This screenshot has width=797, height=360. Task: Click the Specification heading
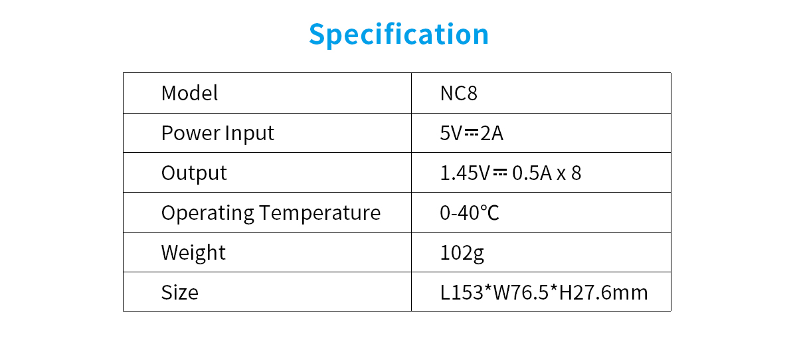point(399,35)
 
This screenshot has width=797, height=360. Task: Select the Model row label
point(189,93)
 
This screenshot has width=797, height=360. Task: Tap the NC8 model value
point(459,94)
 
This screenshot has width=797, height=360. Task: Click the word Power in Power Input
point(191,133)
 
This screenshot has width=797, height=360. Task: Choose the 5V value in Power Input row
point(451,134)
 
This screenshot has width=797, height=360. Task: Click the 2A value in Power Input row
point(491,134)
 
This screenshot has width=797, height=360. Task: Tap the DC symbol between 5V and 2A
point(471,134)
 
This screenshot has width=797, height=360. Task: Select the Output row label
point(194,173)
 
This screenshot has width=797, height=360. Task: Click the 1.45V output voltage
point(465,173)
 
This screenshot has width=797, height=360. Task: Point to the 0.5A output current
point(532,173)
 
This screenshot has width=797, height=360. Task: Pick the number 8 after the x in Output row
point(576,173)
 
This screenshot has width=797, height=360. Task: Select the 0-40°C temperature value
point(470,213)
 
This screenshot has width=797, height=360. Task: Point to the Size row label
point(180,292)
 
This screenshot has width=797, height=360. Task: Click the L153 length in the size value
point(462,292)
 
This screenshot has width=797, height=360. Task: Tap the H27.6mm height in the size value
point(604,292)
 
